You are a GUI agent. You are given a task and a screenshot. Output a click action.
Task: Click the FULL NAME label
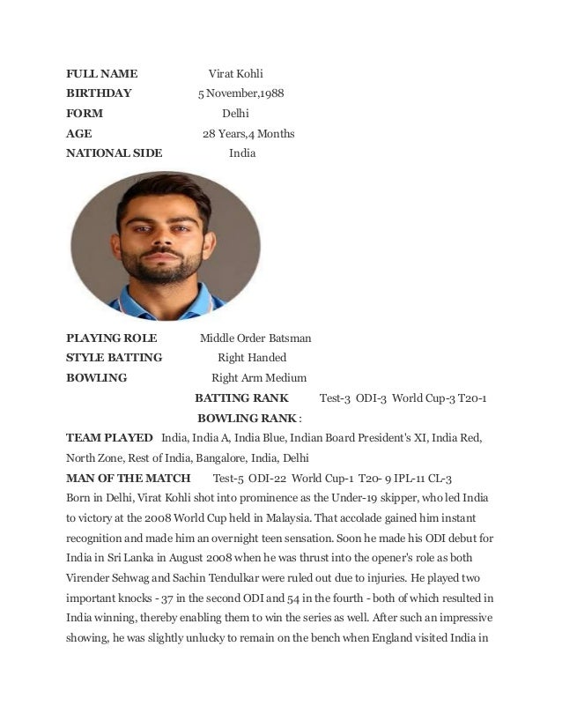click(101, 73)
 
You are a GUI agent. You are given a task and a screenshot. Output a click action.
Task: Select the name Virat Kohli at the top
click(235, 73)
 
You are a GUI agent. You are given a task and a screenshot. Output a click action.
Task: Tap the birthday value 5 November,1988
click(240, 93)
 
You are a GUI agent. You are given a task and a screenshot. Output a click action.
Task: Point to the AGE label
click(79, 134)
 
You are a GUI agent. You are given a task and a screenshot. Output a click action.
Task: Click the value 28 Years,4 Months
click(248, 134)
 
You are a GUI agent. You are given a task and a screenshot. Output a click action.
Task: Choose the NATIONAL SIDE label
click(115, 153)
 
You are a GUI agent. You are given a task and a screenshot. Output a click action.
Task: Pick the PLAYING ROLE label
click(111, 338)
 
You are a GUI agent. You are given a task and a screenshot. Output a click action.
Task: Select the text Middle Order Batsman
click(255, 338)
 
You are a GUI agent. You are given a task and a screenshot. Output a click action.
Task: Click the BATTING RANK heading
click(241, 398)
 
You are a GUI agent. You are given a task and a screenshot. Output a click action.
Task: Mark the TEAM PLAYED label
click(109, 438)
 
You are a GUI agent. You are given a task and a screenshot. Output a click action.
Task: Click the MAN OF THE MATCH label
click(129, 479)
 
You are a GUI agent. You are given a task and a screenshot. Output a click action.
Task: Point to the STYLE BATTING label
click(115, 358)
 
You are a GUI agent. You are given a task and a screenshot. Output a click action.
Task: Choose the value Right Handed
click(252, 358)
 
